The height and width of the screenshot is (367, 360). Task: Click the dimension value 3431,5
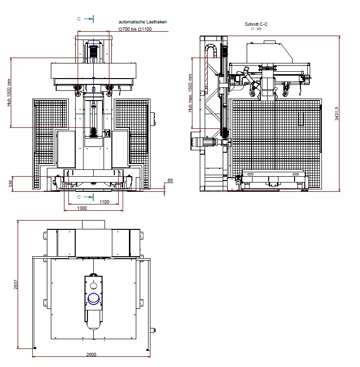click(337, 115)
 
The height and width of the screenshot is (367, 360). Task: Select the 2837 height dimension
click(15, 285)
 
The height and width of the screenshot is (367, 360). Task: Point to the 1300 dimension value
click(82, 208)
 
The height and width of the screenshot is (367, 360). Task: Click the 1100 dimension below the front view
click(104, 202)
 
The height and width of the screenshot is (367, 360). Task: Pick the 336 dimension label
click(9, 183)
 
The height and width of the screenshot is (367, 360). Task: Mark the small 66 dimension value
click(170, 181)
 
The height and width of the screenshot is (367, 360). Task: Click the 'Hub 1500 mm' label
click(8, 93)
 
